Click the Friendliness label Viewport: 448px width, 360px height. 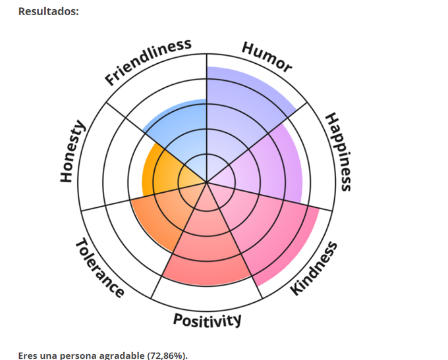click(148, 62)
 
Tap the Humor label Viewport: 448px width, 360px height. click(266, 57)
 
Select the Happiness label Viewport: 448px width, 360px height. click(339, 151)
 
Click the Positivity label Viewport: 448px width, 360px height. click(207, 320)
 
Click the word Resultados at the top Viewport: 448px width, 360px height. click(48, 11)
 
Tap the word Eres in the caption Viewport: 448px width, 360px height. click(28, 355)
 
